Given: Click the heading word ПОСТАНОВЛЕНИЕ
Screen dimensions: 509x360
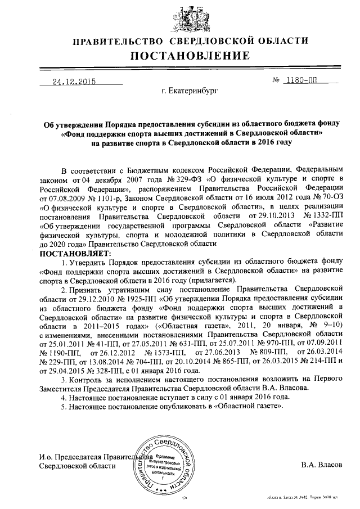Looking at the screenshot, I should pos(190,56).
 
